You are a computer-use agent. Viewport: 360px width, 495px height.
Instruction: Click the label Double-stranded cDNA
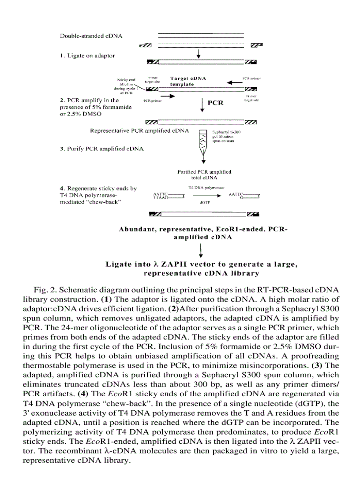[91, 35]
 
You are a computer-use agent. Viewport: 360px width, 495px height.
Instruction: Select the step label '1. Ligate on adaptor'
[87, 56]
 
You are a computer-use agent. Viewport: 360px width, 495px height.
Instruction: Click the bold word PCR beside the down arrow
[215, 103]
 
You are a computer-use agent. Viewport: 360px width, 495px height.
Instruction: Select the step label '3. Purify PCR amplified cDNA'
[101, 149]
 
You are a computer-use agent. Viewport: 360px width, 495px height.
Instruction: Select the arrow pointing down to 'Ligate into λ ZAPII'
[202, 250]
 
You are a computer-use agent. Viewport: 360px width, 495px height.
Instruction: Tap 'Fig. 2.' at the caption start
[45, 290]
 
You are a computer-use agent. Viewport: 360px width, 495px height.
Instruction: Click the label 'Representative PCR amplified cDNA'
[139, 130]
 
